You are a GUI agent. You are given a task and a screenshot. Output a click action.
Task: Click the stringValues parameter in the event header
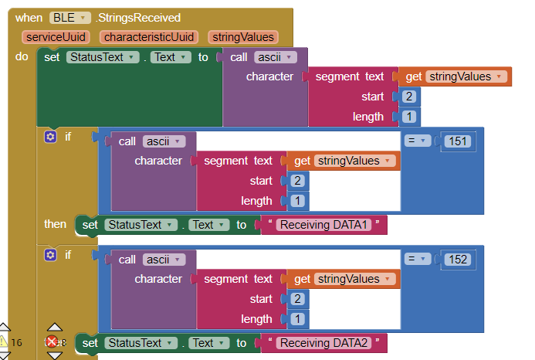tap(243, 37)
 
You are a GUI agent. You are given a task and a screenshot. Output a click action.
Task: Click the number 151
tap(457, 141)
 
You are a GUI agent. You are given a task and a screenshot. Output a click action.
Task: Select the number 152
tap(457, 260)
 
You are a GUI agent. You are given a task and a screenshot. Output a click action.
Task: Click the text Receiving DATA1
tap(324, 225)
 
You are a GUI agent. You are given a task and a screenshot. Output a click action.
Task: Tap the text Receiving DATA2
tap(324, 343)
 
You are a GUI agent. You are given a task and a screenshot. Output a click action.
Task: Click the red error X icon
tap(52, 341)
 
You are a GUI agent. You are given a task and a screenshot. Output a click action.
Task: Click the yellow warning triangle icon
tap(4, 341)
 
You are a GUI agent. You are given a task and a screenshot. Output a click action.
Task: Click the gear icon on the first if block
tap(51, 137)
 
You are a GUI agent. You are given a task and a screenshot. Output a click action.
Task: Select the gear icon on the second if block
tap(51, 255)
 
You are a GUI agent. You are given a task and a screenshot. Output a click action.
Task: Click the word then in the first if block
tap(55, 224)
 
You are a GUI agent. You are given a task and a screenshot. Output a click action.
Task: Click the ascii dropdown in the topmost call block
tap(276, 57)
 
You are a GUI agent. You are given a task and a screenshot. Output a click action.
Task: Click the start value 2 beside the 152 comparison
tap(297, 299)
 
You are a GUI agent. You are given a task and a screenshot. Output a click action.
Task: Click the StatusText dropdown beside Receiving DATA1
tap(134, 225)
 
